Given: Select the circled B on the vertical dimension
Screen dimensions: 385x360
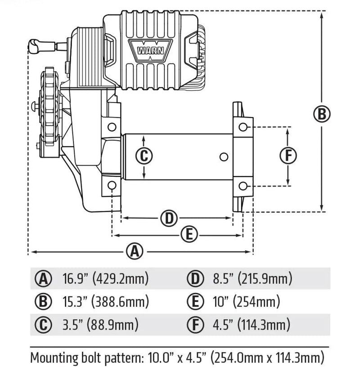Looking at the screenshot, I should pyautogui.click(x=322, y=114).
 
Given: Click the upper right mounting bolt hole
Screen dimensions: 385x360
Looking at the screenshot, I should pyautogui.click(x=243, y=127).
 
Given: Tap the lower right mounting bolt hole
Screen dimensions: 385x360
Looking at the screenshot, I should pyautogui.click(x=243, y=186).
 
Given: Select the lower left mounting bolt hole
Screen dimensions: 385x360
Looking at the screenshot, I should pyautogui.click(x=112, y=185).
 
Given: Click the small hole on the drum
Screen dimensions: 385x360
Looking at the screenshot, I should pyautogui.click(x=223, y=157).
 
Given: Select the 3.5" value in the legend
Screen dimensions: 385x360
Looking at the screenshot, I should pyautogui.click(x=72, y=324).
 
